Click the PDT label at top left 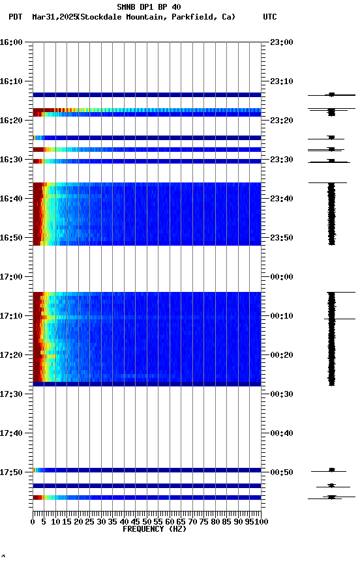[x=15, y=17]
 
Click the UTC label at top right [x=270, y=17]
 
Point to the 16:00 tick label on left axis [x=12, y=42]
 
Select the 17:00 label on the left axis [x=12, y=277]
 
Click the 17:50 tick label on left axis [x=12, y=472]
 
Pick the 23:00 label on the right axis [x=281, y=42]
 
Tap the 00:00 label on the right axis [x=281, y=277]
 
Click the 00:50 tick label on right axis [x=281, y=472]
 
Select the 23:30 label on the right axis [x=281, y=160]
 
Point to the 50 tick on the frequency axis [x=147, y=522]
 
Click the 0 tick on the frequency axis [x=33, y=522]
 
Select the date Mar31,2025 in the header [x=54, y=17]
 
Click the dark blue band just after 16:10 [x=147, y=95]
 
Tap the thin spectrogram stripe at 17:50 [x=147, y=470]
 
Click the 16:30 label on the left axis [x=12, y=160]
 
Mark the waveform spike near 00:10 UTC [x=342, y=319]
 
